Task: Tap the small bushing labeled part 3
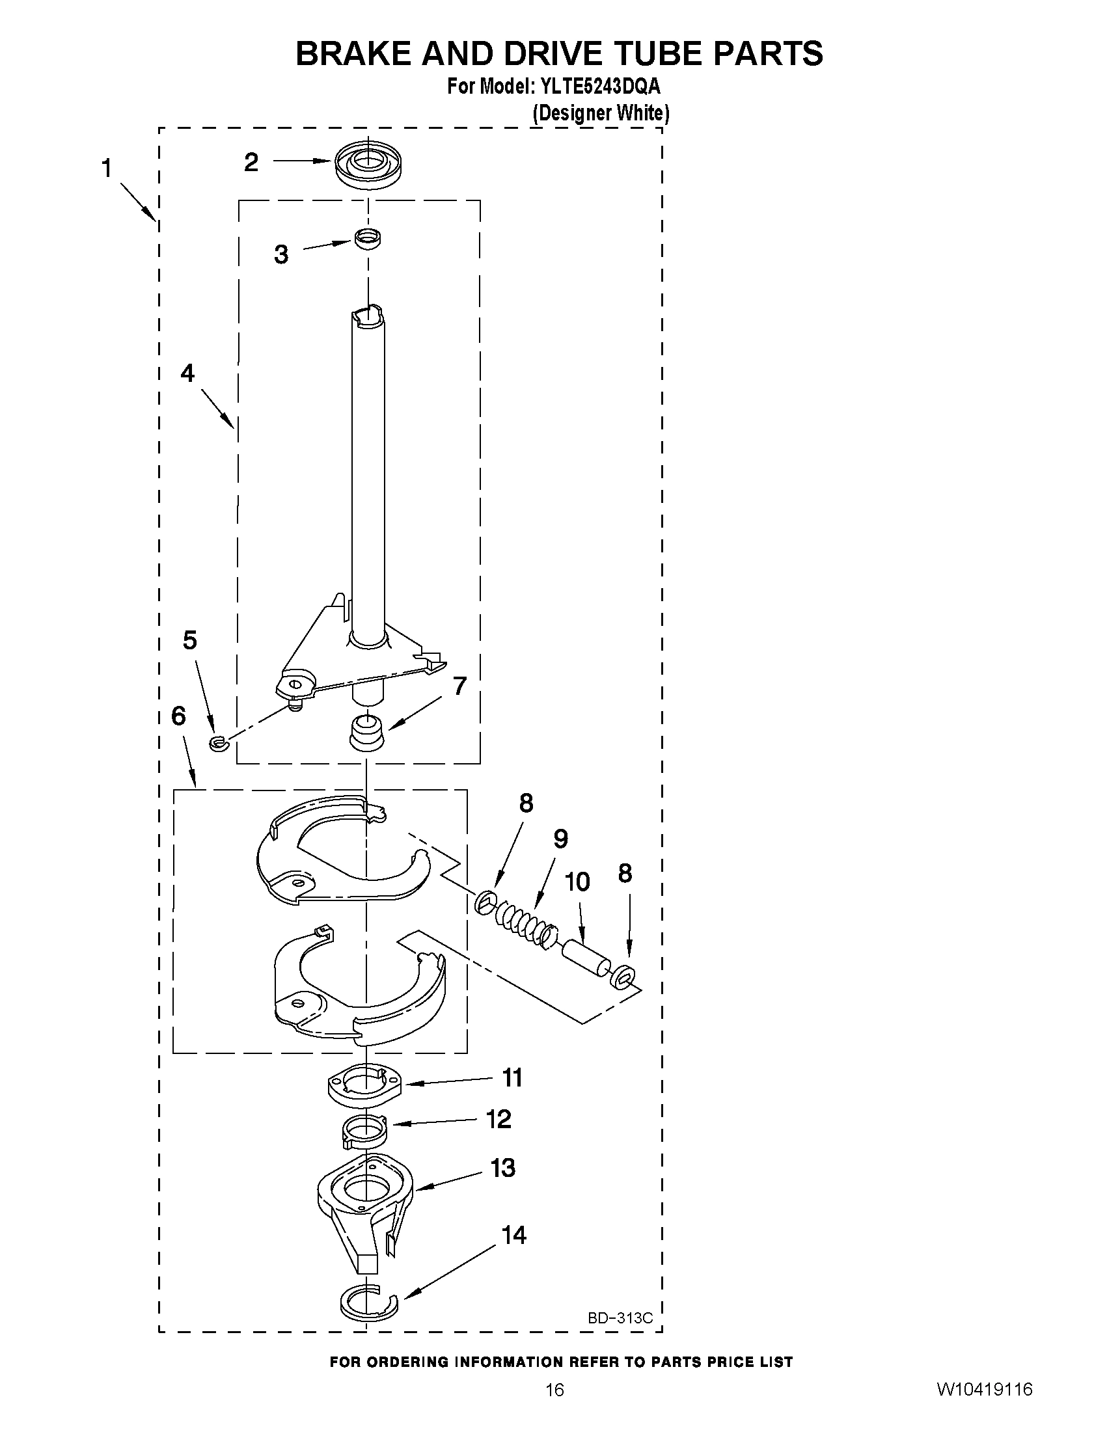tap(368, 239)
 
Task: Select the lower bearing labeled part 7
tap(367, 733)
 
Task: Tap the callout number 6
tap(178, 716)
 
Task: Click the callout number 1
tap(106, 169)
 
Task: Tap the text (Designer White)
tap(600, 113)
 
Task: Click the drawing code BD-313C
tap(620, 1318)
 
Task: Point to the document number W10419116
tap(984, 1407)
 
